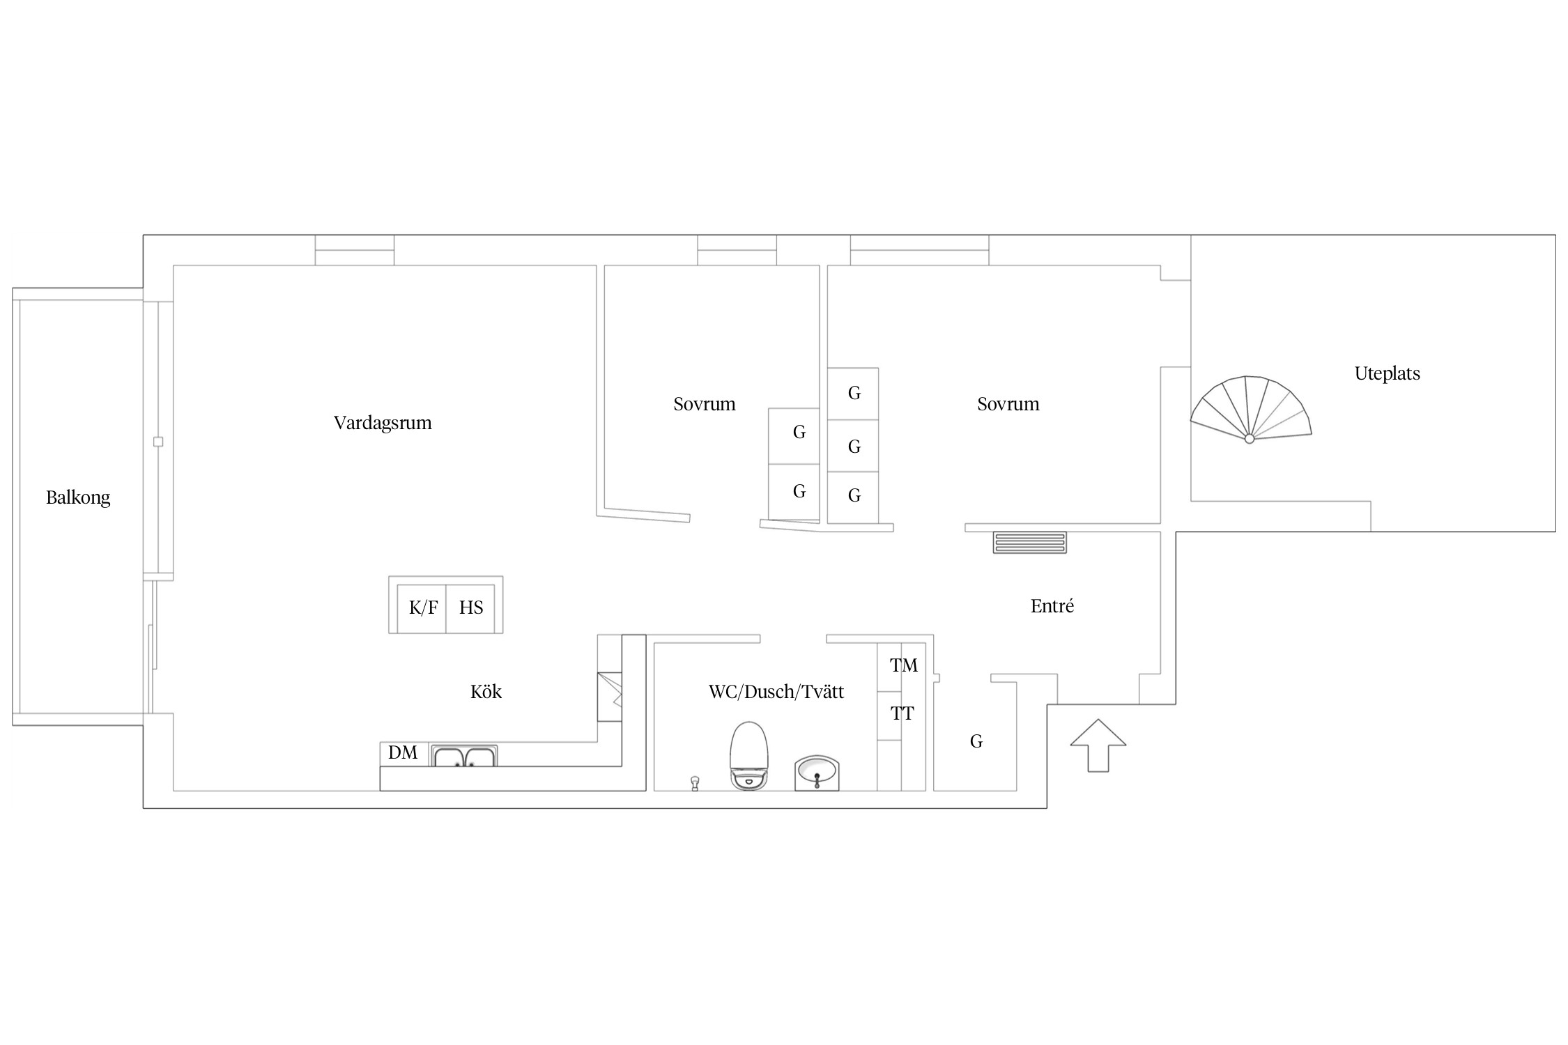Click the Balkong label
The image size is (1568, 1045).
coord(78,497)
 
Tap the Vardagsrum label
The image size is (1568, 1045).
coord(383,423)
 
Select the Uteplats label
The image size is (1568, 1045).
coord(1387,373)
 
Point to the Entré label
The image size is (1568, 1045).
coord(1052,606)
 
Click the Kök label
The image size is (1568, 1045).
coord(486,692)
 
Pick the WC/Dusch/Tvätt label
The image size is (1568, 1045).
coord(776,692)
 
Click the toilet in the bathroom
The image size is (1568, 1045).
coord(748,756)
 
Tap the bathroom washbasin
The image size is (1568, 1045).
coord(817,773)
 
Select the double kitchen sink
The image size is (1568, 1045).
coord(464,756)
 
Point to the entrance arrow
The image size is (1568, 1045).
coord(1098,745)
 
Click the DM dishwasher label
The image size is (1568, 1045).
coord(403,752)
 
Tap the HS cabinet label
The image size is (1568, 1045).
coord(471,608)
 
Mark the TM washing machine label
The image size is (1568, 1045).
coord(904,666)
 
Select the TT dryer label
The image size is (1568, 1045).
coord(902,714)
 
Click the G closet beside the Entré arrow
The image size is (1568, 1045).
coord(976,741)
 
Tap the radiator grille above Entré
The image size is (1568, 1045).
coord(1029,543)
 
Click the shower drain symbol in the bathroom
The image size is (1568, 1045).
coord(694,783)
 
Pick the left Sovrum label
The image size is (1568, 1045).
coord(705,404)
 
